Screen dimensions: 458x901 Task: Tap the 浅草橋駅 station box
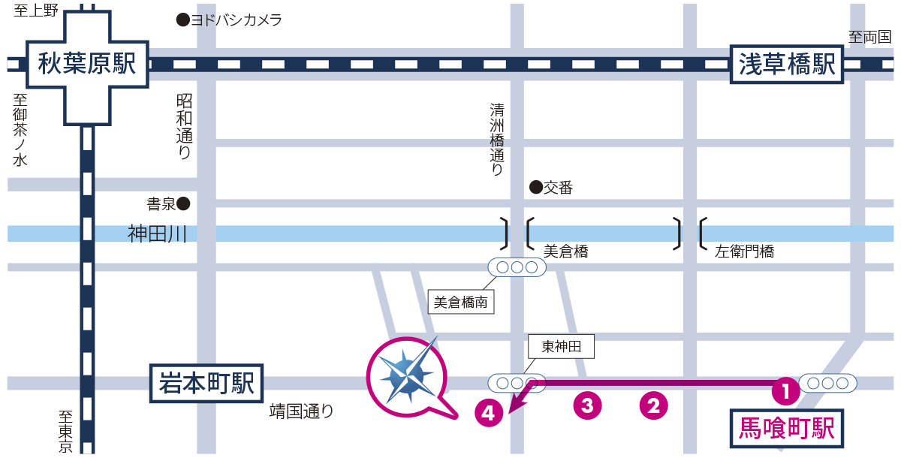tap(787, 65)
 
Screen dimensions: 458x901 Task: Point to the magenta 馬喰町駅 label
tap(787, 428)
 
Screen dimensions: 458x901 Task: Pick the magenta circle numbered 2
tap(653, 405)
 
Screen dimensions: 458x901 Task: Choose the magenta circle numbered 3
tap(588, 405)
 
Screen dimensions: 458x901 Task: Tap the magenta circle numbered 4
tap(489, 412)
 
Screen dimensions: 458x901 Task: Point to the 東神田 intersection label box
tap(562, 346)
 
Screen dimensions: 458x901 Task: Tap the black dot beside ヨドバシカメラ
tap(182, 20)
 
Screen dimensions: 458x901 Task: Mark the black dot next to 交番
tap(535, 187)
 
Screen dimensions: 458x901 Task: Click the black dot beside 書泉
tap(183, 203)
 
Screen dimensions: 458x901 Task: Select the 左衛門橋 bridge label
tap(744, 252)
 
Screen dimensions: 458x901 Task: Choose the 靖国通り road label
tap(301, 411)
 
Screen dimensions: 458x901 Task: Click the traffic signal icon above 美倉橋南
tap(517, 267)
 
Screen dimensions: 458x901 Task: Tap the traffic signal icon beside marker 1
tap(828, 383)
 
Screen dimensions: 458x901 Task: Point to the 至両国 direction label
tap(869, 36)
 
